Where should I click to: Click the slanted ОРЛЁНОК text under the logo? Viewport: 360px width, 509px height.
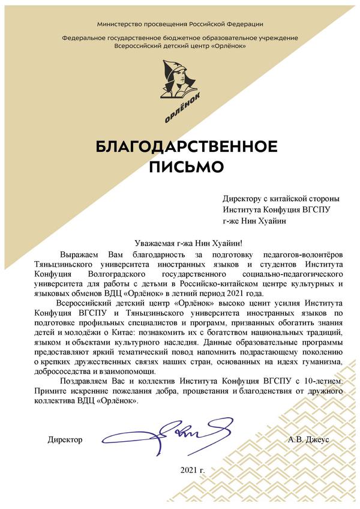182,109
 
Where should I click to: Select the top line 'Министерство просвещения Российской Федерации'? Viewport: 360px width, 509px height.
180,24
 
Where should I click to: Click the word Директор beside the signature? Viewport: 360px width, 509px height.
65,440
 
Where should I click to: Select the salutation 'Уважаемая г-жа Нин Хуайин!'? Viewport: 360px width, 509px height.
188,242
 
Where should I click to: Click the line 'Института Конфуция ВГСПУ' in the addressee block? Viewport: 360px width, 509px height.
277,209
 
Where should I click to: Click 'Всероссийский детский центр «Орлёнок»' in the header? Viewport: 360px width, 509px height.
180,45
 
